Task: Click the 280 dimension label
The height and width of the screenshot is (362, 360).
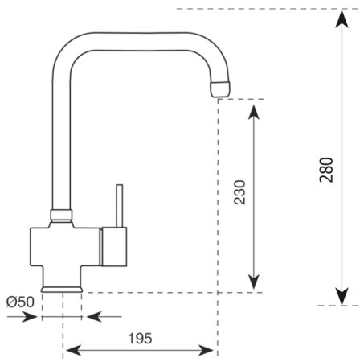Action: [326, 170]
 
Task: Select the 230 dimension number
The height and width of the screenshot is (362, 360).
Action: [239, 192]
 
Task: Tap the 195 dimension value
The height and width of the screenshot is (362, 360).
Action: [140, 339]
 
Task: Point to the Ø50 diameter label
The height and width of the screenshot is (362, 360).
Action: [20, 302]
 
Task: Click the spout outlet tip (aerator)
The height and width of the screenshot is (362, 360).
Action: [220, 88]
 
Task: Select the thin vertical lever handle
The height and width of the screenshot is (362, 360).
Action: [119, 206]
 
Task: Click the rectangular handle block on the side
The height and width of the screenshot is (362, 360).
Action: [114, 247]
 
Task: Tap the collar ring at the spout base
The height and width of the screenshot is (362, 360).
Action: [61, 215]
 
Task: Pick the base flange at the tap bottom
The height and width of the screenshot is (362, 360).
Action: [62, 289]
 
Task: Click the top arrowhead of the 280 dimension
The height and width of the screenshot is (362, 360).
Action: [342, 19]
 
